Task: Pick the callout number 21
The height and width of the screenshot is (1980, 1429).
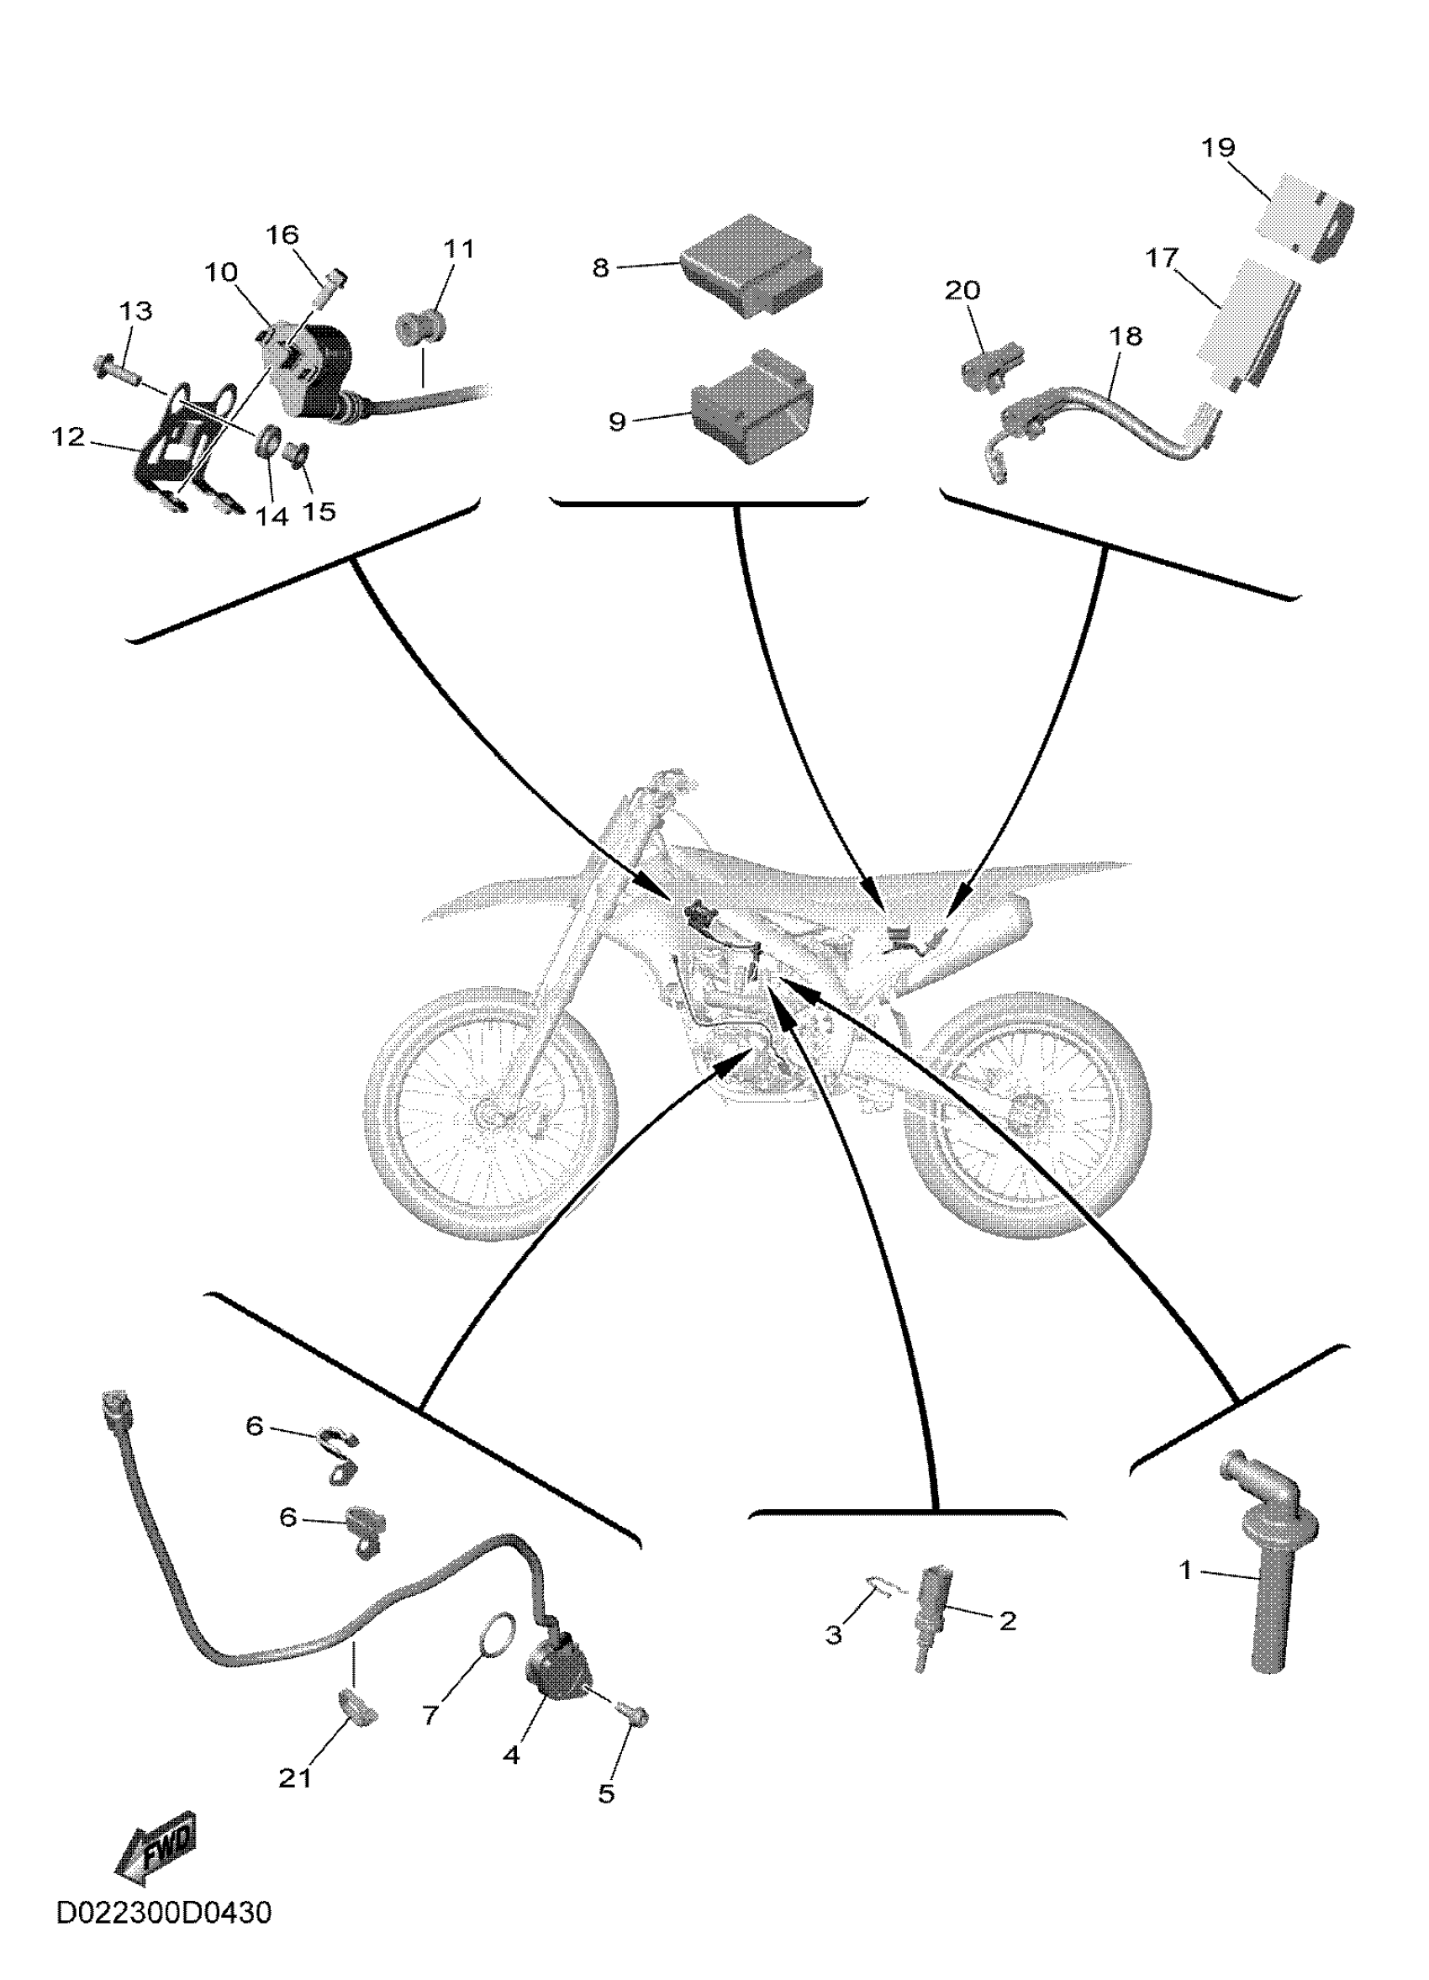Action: click(295, 1777)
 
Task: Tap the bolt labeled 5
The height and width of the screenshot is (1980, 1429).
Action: click(632, 1713)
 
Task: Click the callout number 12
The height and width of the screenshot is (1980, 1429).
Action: click(68, 437)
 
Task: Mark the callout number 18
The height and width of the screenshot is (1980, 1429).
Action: click(1126, 337)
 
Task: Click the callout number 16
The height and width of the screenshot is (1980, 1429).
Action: click(282, 235)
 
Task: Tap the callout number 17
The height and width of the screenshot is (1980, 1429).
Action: click(1162, 259)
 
